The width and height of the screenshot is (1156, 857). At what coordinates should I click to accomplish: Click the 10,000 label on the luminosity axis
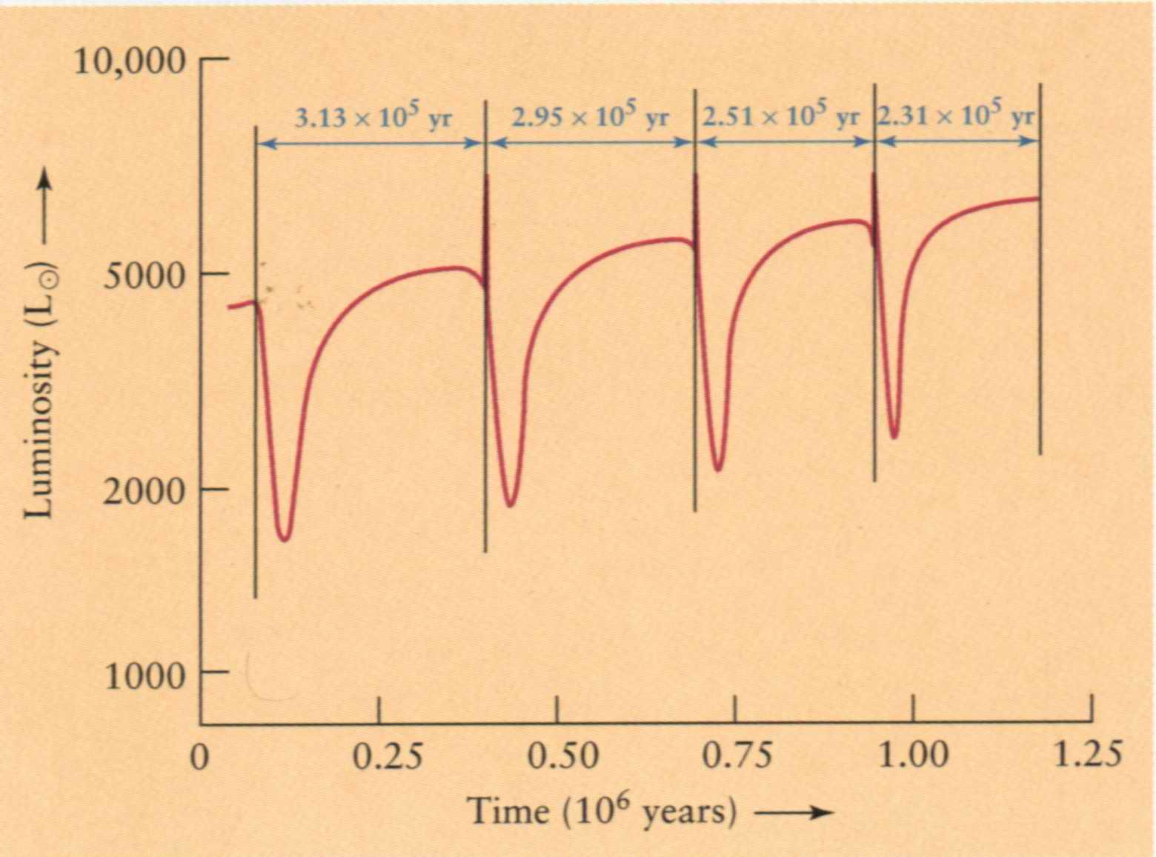[130, 61]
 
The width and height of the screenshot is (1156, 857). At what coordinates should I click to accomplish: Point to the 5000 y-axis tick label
[144, 276]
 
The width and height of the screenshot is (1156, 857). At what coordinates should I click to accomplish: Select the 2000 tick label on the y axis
[143, 491]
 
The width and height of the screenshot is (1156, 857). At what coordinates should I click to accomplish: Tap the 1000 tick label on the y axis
[144, 675]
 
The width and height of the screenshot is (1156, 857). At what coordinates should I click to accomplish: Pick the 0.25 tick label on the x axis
[388, 757]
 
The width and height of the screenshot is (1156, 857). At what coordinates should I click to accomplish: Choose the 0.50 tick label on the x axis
[563, 757]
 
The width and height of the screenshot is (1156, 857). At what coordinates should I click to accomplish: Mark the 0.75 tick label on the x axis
[737, 757]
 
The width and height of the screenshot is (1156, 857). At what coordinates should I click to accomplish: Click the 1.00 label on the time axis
[913, 757]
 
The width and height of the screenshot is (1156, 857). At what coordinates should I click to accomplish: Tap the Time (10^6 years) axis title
[602, 812]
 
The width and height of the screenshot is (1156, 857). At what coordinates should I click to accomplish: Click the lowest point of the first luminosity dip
[284, 539]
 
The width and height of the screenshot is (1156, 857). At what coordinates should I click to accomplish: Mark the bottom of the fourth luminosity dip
[894, 437]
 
